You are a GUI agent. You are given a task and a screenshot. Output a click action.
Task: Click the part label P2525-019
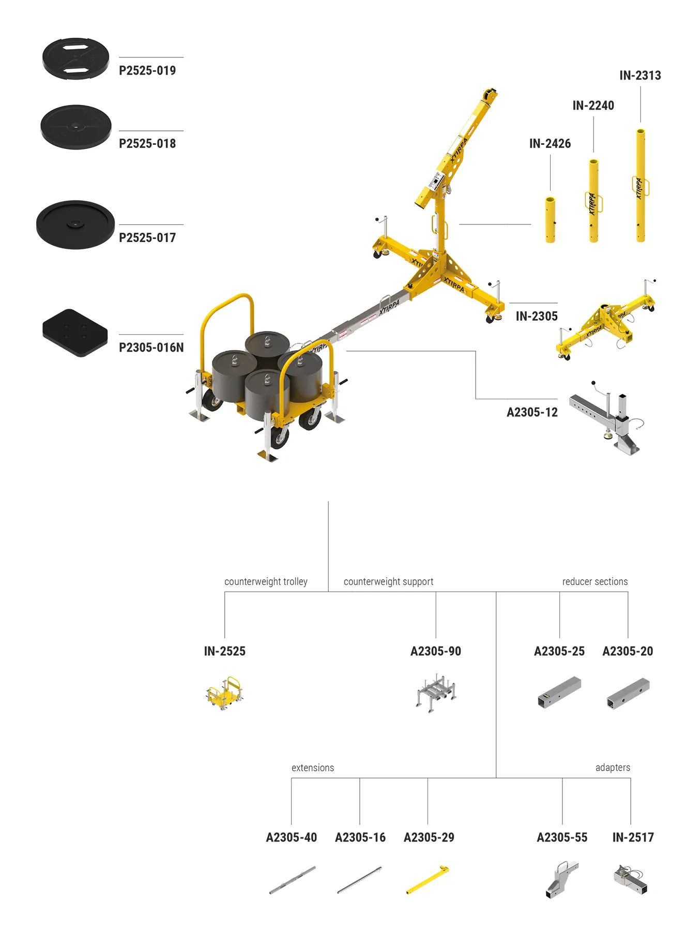pos(147,70)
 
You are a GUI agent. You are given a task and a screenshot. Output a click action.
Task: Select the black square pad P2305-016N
pos(75,333)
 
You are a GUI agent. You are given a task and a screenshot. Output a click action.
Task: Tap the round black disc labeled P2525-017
pos(75,224)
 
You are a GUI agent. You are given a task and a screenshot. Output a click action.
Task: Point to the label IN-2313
pos(640,76)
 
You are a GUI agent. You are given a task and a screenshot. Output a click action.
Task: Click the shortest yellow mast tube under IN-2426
pos(550,219)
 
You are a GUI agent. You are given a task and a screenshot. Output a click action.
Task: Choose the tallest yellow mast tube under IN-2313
pos(640,185)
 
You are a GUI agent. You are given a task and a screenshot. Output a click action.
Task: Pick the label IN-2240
pos(593,106)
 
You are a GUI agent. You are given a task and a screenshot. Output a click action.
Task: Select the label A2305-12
pos(532,412)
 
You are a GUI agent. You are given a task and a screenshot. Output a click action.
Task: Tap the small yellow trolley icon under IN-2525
pos(224,693)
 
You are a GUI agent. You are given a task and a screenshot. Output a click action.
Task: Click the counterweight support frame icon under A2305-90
pos(436,693)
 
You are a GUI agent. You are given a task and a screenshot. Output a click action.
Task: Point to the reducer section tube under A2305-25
pos(559,692)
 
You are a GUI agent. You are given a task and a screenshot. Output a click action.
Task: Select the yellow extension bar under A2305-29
pos(428,879)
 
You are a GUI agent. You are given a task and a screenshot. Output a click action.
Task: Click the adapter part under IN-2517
pos(631,879)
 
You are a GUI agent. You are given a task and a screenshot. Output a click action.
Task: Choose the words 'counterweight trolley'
pos(266,581)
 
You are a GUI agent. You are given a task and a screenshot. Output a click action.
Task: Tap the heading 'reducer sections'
pos(595,581)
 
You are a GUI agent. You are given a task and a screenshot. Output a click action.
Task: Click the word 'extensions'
pos(313,768)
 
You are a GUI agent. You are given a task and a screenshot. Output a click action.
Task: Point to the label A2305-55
pos(562,837)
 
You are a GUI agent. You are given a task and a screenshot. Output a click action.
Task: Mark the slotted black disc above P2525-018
pos(76,58)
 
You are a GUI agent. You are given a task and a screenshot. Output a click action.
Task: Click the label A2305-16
pos(360,837)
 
